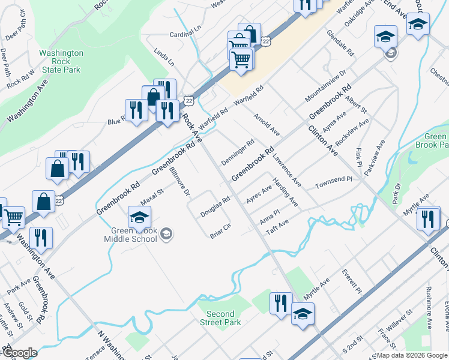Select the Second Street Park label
click(x=220, y=318)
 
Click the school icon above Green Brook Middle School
click(x=139, y=218)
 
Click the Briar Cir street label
click(x=221, y=231)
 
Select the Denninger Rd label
click(x=238, y=152)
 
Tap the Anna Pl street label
click(x=270, y=215)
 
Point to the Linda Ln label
click(x=164, y=58)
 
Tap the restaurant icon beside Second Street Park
click(x=280, y=304)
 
